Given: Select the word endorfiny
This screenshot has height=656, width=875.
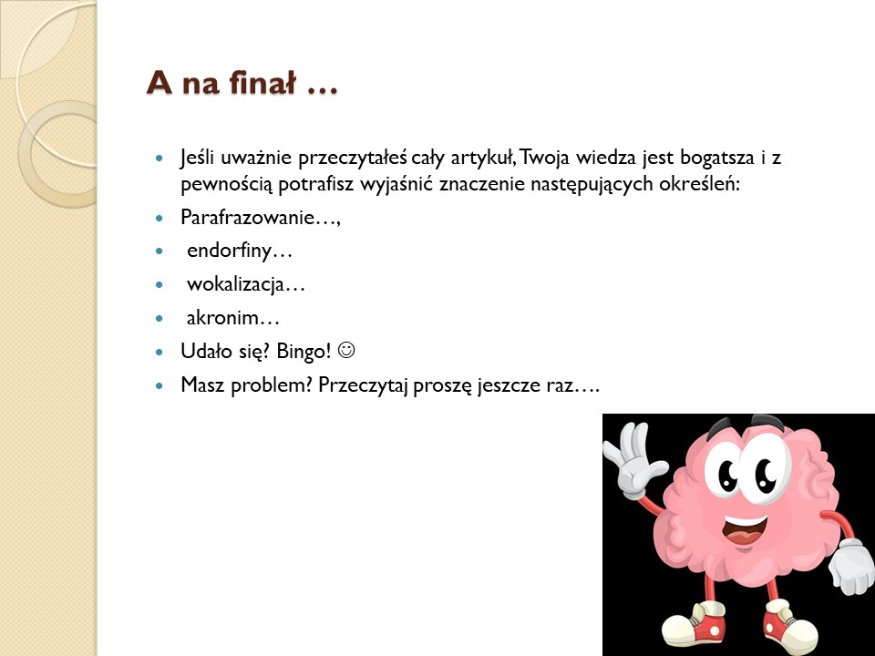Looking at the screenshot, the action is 229,251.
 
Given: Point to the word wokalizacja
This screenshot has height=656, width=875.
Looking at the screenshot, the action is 235,284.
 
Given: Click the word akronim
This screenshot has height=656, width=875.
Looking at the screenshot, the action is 222,318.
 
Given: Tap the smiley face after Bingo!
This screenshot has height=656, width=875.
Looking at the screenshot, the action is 346,350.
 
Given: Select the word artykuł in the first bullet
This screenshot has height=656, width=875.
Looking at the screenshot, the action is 483,159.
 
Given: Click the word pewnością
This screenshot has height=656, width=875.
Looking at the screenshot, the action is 227,185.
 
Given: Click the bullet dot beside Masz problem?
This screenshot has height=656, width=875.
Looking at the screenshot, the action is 160,384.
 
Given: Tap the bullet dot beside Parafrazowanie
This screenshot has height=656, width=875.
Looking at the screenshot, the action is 160,218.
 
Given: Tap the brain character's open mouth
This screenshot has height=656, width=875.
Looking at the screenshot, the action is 745,530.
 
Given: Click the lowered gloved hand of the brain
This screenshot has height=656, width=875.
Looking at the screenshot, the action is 851,566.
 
